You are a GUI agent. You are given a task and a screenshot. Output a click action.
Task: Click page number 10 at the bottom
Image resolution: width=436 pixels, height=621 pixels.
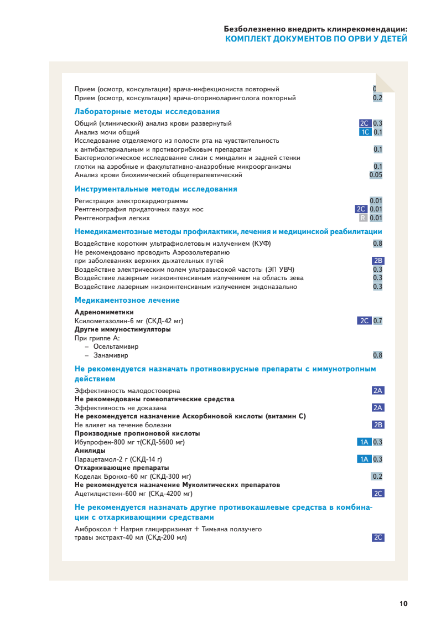403,603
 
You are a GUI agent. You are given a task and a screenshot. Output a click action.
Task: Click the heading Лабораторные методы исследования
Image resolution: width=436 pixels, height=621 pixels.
147,111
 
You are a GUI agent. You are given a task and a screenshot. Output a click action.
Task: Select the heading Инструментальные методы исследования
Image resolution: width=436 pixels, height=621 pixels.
155,189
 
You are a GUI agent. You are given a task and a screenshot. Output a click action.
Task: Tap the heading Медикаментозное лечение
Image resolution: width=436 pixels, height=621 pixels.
127,300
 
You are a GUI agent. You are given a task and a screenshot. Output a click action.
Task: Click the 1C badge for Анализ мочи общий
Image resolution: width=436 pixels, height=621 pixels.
365,132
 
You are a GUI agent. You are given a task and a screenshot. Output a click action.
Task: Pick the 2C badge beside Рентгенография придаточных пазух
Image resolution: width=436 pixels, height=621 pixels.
361,209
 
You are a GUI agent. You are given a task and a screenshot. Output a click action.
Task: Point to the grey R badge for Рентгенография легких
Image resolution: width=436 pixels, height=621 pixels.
363,218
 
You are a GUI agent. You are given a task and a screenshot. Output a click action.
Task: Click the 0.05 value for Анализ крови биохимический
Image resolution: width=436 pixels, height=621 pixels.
376,175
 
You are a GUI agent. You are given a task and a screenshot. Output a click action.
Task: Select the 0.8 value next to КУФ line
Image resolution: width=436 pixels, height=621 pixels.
377,243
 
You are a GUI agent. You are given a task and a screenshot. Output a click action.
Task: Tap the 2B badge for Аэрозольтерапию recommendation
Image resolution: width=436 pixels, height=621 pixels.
378,261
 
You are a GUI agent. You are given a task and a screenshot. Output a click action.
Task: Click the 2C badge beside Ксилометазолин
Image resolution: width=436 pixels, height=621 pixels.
364,320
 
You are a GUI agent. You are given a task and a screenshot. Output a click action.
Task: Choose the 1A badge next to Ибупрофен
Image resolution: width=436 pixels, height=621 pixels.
364,442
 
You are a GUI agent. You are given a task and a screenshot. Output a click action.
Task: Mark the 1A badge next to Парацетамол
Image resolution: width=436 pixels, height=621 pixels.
364,459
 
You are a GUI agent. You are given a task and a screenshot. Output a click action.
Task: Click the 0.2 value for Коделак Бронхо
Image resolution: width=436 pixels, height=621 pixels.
377,476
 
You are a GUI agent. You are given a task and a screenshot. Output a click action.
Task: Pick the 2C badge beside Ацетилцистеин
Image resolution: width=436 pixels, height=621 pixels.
378,493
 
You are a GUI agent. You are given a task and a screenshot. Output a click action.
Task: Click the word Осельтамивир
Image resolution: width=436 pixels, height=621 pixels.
116,346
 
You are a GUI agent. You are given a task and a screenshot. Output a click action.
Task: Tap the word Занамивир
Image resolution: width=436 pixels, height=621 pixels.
111,355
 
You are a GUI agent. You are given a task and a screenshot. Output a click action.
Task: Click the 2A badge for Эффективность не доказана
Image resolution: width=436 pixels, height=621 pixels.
378,407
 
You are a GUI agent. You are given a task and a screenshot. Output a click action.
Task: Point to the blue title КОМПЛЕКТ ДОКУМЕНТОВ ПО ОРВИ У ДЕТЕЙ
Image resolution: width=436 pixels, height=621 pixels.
316,39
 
